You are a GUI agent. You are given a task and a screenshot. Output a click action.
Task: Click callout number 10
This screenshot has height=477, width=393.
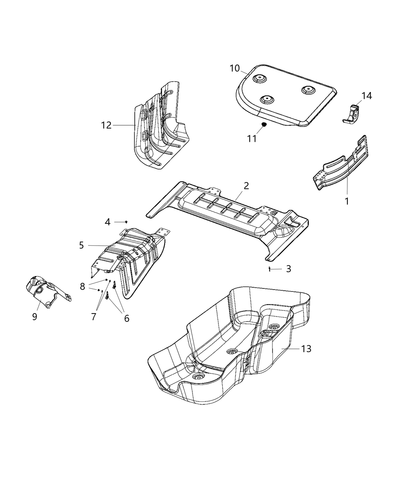tap(234, 68)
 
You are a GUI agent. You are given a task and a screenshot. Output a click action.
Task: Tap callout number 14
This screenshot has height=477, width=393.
tap(367, 96)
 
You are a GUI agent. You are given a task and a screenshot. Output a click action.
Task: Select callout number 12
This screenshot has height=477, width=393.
tap(106, 125)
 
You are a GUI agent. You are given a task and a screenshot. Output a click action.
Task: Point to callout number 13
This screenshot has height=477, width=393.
tap(306, 349)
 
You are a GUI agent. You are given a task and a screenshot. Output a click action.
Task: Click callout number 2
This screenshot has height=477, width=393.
tap(246, 186)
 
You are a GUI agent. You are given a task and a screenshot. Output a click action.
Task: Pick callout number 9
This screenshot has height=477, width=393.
tap(35, 317)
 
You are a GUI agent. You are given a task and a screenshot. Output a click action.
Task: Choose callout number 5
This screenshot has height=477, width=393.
tap(81, 245)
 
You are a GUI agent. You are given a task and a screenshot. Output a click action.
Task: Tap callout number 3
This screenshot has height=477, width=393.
tap(288, 269)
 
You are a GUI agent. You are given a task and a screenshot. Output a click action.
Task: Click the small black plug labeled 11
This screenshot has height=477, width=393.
tap(263, 124)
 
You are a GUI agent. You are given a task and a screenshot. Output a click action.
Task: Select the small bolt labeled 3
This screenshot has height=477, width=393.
tap(269, 269)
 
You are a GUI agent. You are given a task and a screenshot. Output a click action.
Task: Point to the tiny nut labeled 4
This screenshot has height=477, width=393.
tap(127, 222)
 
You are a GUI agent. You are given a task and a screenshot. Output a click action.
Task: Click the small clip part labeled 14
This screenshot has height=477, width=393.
tap(353, 114)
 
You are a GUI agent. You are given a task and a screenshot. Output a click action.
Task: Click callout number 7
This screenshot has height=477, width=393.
tap(94, 317)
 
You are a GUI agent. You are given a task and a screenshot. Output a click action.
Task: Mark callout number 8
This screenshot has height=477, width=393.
tap(82, 287)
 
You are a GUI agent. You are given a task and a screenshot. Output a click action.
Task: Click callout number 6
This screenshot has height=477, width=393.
tap(127, 318)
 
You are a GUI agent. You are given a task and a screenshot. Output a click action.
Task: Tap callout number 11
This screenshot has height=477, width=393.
tap(252, 138)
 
